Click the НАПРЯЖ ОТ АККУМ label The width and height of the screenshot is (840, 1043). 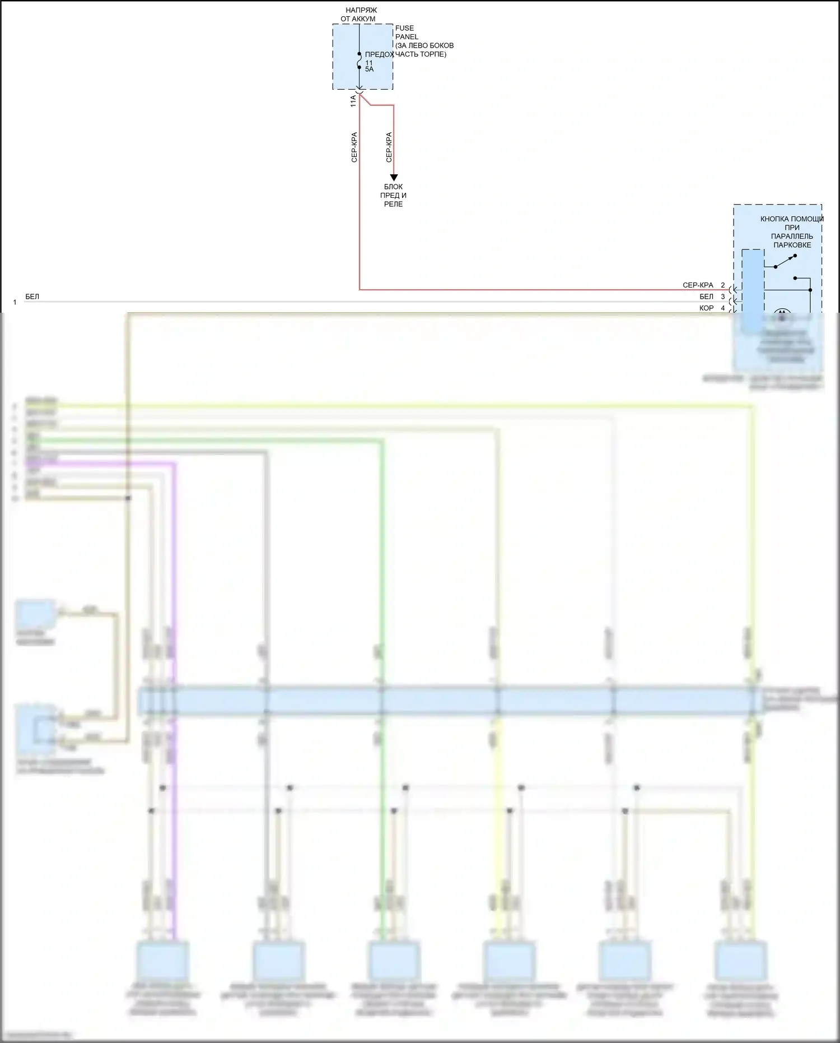[x=359, y=15]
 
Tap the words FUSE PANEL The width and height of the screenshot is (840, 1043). [x=406, y=33]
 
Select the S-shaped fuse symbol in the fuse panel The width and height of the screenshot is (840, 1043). [x=359, y=61]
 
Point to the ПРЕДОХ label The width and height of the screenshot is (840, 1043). [x=379, y=54]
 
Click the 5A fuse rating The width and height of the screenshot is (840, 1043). [x=369, y=69]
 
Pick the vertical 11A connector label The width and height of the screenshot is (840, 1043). [x=353, y=101]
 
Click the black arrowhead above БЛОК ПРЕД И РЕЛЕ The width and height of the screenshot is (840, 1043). [x=394, y=177]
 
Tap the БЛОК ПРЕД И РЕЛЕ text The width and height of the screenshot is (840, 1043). [x=393, y=196]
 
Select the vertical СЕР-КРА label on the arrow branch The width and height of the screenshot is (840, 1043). [x=389, y=147]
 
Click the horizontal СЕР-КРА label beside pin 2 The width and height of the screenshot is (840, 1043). [x=698, y=285]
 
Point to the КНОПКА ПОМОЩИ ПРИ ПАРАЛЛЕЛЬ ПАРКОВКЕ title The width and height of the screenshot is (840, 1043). [x=791, y=231]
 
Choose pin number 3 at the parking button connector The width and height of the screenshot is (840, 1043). [x=723, y=296]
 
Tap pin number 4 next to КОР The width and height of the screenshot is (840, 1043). [x=723, y=308]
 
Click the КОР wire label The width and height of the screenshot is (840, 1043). [x=706, y=308]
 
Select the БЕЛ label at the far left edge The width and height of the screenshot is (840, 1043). [x=32, y=296]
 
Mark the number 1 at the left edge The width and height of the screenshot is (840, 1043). [x=15, y=303]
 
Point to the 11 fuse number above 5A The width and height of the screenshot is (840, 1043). [x=368, y=63]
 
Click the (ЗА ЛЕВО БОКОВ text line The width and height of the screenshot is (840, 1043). [x=424, y=45]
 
